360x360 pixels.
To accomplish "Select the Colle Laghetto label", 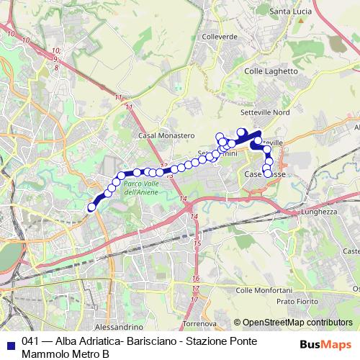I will click(x=271, y=71).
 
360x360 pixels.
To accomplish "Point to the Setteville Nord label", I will click(x=265, y=112).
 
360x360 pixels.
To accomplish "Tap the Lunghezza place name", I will click(x=320, y=212).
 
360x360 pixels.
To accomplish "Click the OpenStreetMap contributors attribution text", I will click(x=297, y=323).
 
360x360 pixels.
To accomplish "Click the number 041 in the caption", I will click(x=31, y=342).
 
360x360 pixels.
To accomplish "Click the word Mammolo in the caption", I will click(x=45, y=354).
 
